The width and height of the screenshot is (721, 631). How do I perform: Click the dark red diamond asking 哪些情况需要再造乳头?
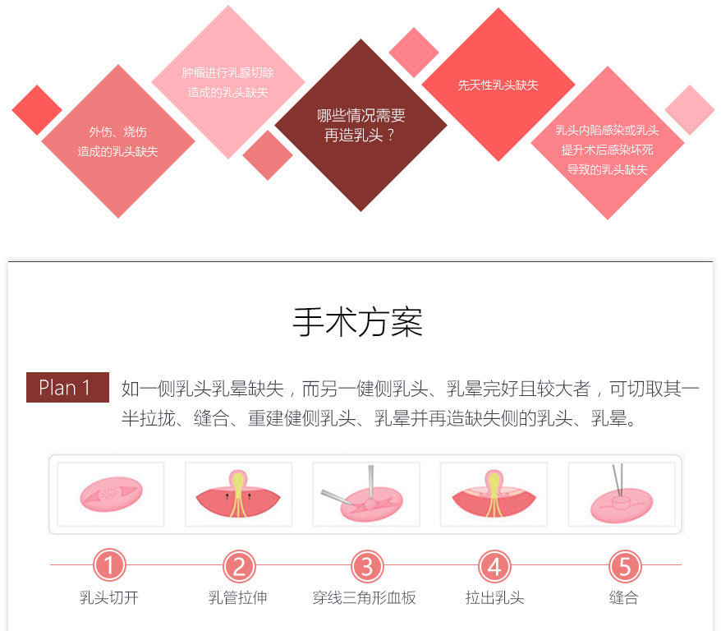point(360,126)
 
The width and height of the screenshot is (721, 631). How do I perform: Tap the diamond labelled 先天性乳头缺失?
point(498,85)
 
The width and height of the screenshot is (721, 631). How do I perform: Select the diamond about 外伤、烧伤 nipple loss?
point(118,141)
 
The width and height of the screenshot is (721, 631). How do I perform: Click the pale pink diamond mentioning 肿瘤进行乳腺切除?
point(228,82)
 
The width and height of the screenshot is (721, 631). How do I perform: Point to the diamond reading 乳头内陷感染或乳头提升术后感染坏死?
point(608,150)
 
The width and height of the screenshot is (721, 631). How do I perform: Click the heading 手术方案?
point(358,322)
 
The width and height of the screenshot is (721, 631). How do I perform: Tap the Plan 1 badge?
point(67,388)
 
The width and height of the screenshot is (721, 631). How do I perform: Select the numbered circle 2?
point(239,565)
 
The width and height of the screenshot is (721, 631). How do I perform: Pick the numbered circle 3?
point(367,565)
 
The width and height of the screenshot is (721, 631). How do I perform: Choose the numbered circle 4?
point(494,565)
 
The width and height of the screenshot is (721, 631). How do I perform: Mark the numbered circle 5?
point(624,565)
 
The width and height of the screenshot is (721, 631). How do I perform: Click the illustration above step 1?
point(111,495)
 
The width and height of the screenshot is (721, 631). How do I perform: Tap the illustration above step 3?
point(366,495)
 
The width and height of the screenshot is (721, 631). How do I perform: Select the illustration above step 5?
point(622,495)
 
